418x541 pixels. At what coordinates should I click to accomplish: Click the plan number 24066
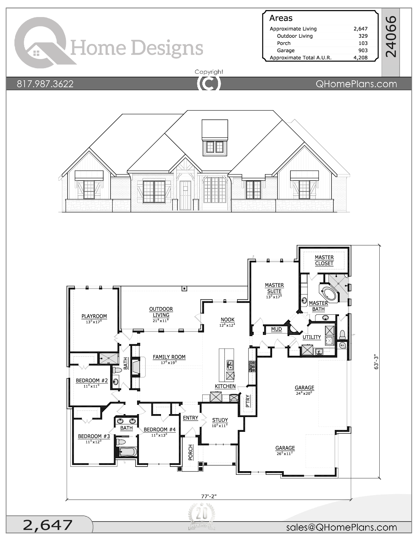coord(391,37)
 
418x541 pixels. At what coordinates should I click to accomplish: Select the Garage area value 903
coord(363,50)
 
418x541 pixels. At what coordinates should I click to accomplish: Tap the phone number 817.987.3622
coord(45,84)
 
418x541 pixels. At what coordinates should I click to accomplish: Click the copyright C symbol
coord(209,84)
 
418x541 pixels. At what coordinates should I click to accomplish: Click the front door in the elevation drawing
coord(185,195)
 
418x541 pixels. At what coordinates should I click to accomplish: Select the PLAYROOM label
coord(94,316)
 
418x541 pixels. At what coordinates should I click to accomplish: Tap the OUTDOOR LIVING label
coord(161,312)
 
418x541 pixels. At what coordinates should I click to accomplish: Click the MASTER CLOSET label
coord(324,260)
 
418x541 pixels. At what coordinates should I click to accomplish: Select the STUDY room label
coord(220,420)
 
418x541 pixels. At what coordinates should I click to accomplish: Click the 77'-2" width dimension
coord(209,496)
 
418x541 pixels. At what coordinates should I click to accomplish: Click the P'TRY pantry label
coord(248,401)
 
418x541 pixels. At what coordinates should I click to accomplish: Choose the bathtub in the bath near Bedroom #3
coord(127,452)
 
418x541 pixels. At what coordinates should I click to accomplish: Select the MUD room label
coord(276,329)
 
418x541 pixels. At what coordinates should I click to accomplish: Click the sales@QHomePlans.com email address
coord(341,527)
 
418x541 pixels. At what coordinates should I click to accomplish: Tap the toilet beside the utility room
coord(342,334)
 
